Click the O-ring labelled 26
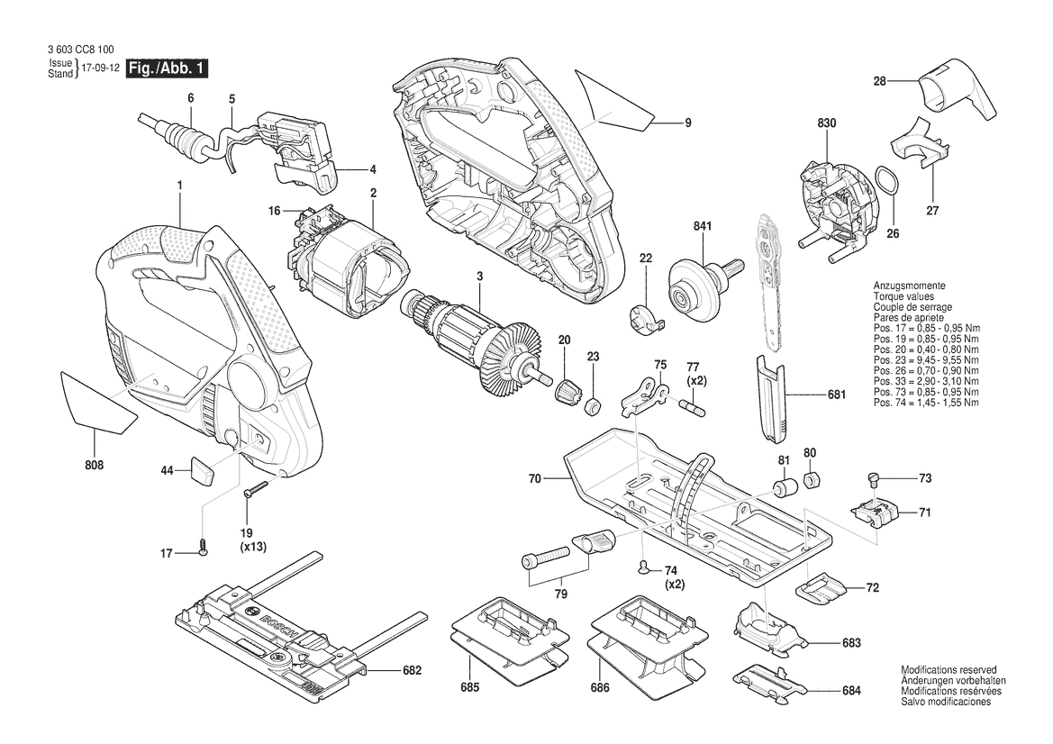click(x=886, y=181)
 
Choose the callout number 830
click(x=827, y=123)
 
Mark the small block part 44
click(x=201, y=469)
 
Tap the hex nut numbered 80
click(x=810, y=478)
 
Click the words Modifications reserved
click(x=949, y=671)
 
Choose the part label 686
click(x=600, y=687)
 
